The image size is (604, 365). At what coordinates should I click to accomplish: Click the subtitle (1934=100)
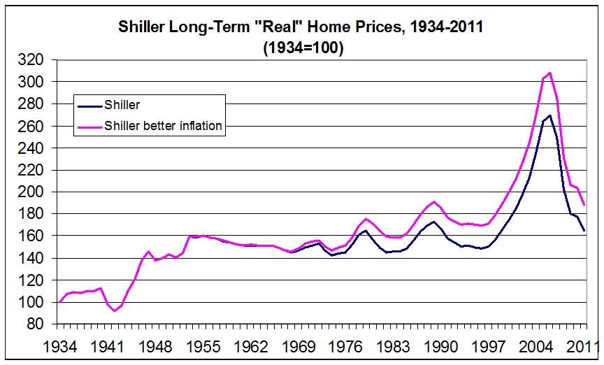click(x=303, y=50)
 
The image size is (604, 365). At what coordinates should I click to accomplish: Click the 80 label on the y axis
click(x=40, y=324)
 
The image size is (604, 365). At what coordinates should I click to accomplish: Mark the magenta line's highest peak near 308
click(x=550, y=73)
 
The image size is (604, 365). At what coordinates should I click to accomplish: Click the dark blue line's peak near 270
click(x=550, y=115)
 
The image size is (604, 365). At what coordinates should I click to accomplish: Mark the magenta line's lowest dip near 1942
click(x=114, y=310)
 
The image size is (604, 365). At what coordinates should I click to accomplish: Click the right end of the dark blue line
click(x=584, y=231)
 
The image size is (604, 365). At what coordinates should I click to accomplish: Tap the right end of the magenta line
click(x=584, y=205)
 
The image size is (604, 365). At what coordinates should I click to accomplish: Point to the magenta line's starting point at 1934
click(x=59, y=302)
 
